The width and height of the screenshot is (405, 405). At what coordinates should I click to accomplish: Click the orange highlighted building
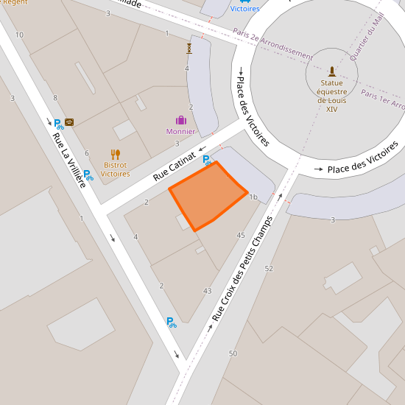(207, 194)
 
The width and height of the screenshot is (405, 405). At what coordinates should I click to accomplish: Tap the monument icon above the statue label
(331, 71)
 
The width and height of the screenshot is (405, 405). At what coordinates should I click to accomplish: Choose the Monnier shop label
(180, 132)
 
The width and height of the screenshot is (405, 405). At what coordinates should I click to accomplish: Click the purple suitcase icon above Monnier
(180, 120)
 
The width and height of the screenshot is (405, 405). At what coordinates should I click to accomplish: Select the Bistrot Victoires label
(115, 169)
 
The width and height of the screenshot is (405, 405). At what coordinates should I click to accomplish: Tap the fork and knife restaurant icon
(115, 155)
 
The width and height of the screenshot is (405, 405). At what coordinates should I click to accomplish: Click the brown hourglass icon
(189, 48)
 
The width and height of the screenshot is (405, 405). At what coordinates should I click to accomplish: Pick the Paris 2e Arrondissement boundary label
(273, 43)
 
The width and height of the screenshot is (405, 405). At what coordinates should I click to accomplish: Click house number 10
(19, 35)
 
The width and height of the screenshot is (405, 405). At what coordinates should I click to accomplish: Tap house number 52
(268, 269)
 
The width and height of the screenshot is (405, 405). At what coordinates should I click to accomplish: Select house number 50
(233, 354)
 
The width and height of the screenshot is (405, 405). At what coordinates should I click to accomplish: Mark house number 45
(241, 235)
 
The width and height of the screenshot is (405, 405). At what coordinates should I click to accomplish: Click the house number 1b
(253, 197)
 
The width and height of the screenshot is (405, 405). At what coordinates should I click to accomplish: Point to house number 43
(207, 291)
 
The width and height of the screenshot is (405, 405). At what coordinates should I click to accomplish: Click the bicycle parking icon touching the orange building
(209, 160)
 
